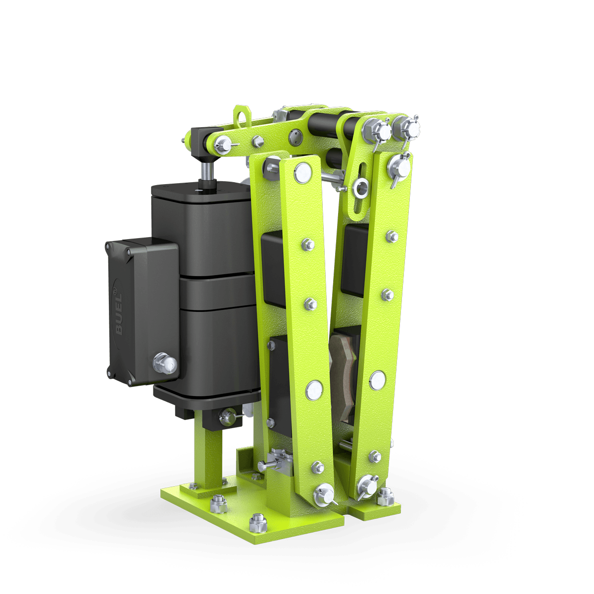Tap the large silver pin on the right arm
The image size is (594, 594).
coord(377,380)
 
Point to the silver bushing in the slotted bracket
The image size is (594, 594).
coord(360,188)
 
